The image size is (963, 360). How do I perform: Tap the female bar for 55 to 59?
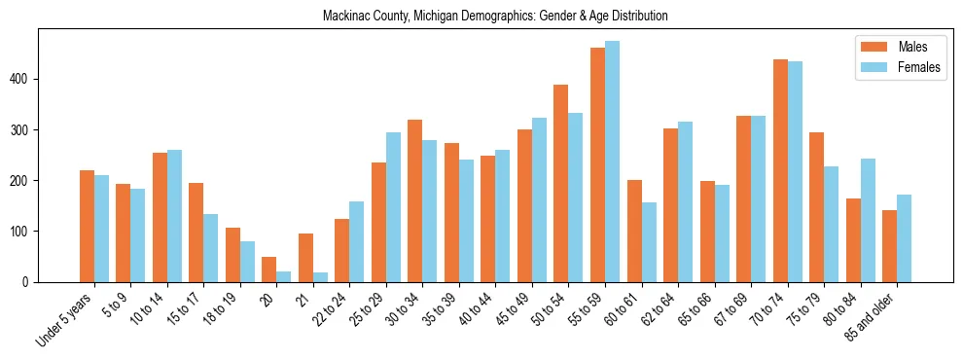[612, 162]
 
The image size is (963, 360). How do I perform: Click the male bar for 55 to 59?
[597, 165]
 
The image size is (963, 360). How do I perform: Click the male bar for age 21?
[305, 258]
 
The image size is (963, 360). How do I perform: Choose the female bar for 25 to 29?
[393, 207]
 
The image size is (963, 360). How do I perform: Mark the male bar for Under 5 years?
[87, 227]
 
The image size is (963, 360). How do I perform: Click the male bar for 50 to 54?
[561, 184]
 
